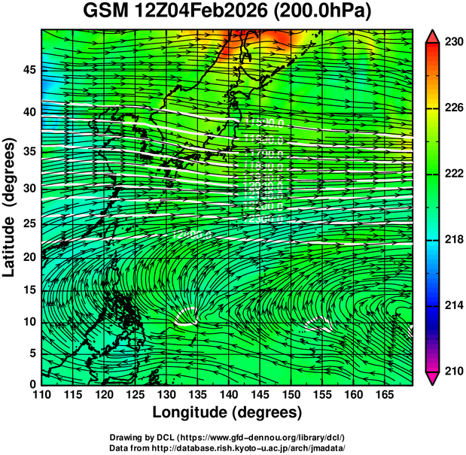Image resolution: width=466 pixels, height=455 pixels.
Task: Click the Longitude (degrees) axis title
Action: [227, 412]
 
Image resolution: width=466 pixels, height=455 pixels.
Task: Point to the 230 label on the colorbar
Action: [453, 43]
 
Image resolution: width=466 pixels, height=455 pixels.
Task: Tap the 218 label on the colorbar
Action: [453, 239]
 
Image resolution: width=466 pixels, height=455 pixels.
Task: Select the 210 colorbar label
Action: [453, 371]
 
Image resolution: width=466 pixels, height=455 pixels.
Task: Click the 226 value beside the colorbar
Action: [453, 108]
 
